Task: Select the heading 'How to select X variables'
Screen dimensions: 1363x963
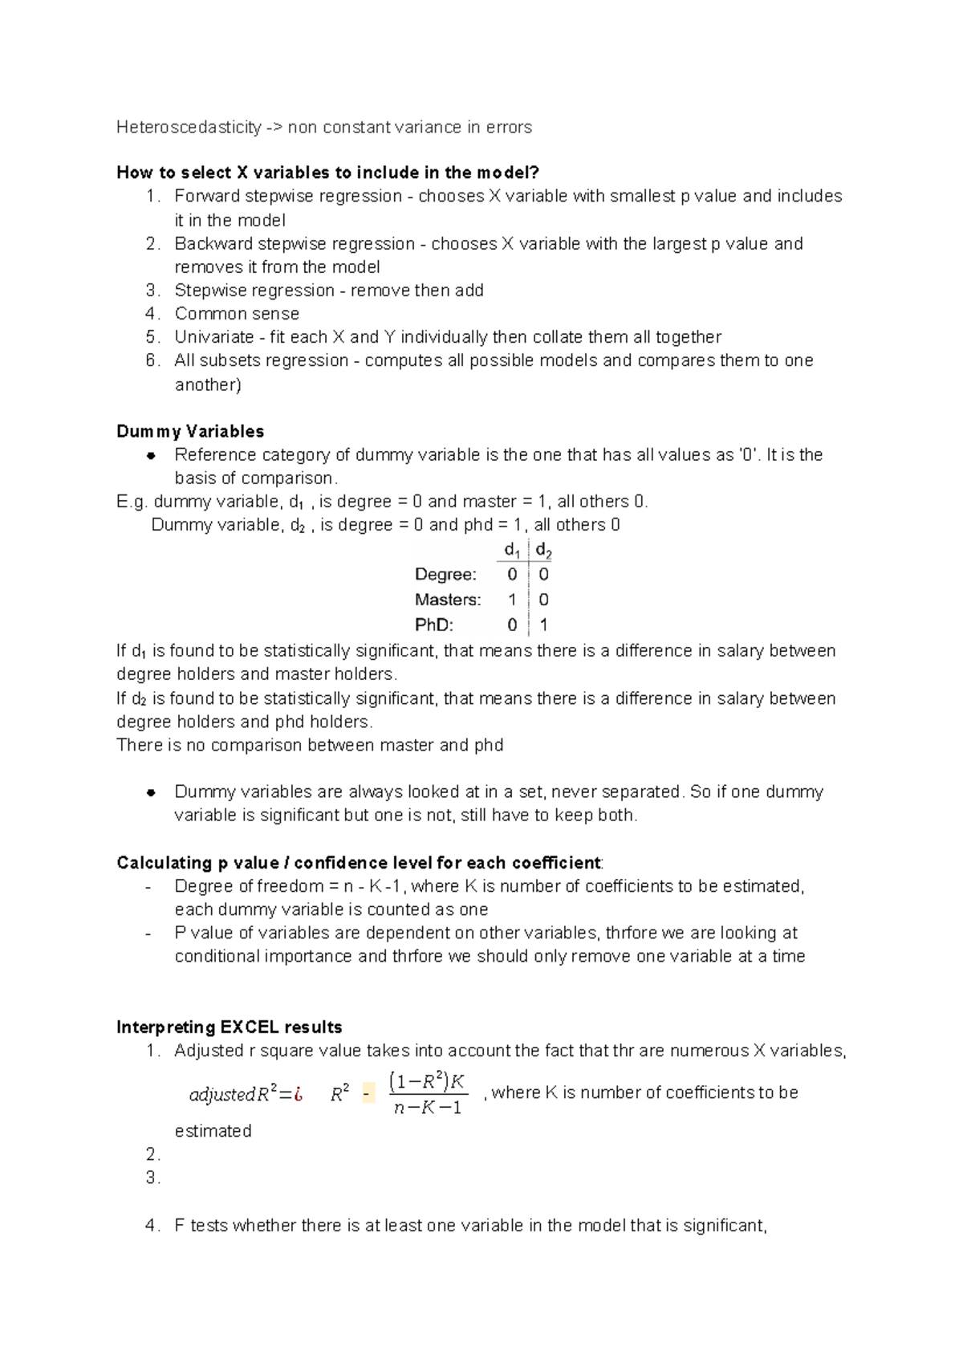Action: pyautogui.click(x=327, y=173)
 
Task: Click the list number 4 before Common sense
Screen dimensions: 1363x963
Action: pyautogui.click(x=153, y=314)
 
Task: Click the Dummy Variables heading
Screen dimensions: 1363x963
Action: pyautogui.click(x=190, y=432)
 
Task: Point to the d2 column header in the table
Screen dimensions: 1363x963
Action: pyautogui.click(x=543, y=551)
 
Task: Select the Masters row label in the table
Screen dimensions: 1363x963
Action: pyautogui.click(x=448, y=600)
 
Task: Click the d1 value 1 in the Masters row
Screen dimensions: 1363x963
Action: pyautogui.click(x=512, y=600)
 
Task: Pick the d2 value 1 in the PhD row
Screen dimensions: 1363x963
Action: pyautogui.click(x=543, y=625)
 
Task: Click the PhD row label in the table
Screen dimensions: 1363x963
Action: pyautogui.click(x=434, y=625)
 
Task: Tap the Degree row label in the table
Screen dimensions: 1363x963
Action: pyautogui.click(x=445, y=575)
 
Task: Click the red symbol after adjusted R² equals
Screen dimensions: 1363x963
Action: pyautogui.click(x=298, y=1094)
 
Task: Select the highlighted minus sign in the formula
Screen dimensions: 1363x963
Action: pyautogui.click(x=368, y=1094)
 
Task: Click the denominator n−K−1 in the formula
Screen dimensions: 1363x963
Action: pyautogui.click(x=428, y=1109)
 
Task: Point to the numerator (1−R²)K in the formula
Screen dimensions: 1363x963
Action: pyautogui.click(x=427, y=1081)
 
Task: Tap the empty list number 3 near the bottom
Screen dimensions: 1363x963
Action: pyautogui.click(x=153, y=1178)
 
